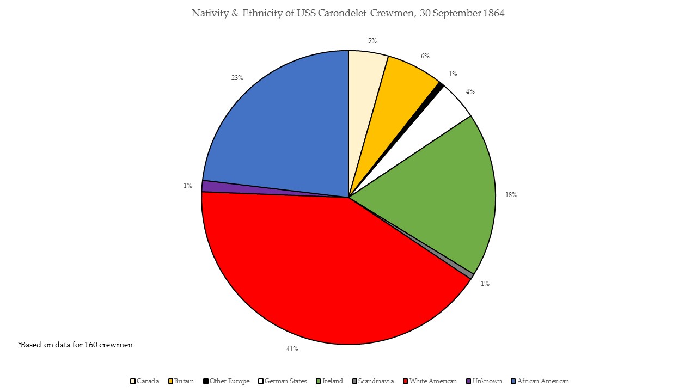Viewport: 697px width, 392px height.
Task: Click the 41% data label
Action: pos(292,349)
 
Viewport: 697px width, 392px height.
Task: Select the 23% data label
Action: pos(237,78)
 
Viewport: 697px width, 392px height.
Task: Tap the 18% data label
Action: pos(511,194)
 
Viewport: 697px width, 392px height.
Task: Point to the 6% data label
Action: pos(425,56)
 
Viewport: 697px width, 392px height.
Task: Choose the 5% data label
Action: pos(372,41)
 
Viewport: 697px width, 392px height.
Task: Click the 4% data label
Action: pos(470,91)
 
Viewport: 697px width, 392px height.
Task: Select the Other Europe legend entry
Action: pos(229,381)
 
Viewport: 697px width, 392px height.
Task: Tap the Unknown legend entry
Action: pos(487,381)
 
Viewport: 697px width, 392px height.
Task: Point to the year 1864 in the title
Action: pos(493,14)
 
